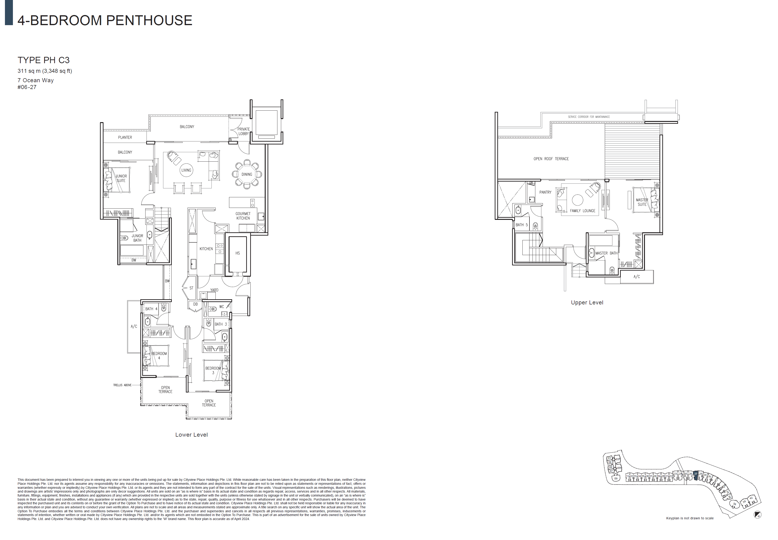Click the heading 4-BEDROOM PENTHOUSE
pyautogui.click(x=105, y=21)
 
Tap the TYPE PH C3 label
pyautogui.click(x=44, y=60)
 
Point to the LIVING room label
pyautogui.click(x=186, y=170)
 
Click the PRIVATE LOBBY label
pyautogui.click(x=243, y=131)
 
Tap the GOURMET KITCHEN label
pyautogui.click(x=243, y=216)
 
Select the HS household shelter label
pyautogui.click(x=238, y=253)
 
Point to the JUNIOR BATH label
pyautogui.click(x=137, y=238)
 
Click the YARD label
pyautogui.click(x=214, y=290)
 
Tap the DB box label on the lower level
pyautogui.click(x=195, y=304)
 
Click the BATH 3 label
pyautogui.click(x=221, y=324)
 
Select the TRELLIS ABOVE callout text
pyautogui.click(x=122, y=385)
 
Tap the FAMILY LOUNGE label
pyautogui.click(x=583, y=211)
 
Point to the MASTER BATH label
pyautogui.click(x=606, y=253)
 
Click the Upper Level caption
pyautogui.click(x=587, y=303)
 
